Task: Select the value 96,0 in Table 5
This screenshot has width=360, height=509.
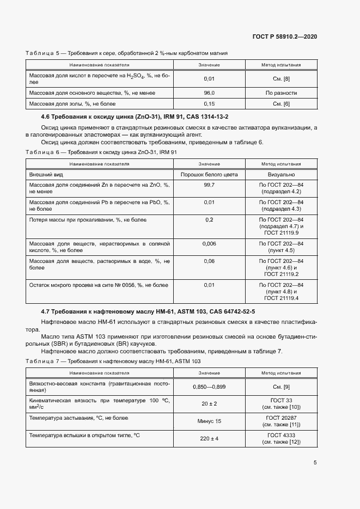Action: pos(209,93)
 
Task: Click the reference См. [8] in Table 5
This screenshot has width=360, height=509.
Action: pos(281,79)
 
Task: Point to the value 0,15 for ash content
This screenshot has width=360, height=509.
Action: pos(209,103)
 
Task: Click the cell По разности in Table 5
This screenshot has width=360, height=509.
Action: pos(281,93)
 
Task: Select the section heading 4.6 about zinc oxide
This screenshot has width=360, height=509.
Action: pos(135,116)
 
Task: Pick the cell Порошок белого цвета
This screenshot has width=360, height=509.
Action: pos(209,174)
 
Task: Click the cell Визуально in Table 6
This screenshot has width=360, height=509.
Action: pos(281,174)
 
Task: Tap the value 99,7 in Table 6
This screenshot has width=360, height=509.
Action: pos(209,186)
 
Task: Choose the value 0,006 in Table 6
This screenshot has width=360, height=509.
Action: pos(209,244)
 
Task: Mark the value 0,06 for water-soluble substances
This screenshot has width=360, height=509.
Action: pos(209,261)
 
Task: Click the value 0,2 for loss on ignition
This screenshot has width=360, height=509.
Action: pos(209,220)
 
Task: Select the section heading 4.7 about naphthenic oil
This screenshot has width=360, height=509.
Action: pos(148,311)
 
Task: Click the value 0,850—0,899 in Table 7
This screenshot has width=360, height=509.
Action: pos(209,387)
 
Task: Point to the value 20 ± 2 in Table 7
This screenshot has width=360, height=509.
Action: pos(209,404)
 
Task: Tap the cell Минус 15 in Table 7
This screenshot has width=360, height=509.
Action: pos(209,421)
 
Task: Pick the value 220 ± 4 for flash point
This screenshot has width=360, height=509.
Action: pos(209,438)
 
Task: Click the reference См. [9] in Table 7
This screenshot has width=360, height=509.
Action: pos(281,387)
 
